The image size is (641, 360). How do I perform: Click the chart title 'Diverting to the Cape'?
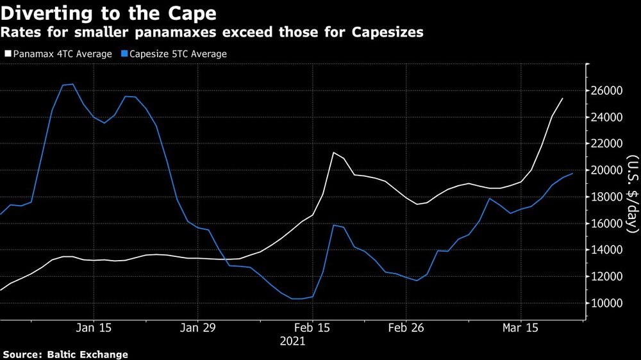108,13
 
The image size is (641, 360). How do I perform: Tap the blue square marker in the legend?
125,54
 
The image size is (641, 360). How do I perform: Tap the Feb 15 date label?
312,327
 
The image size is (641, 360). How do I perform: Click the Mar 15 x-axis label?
520,327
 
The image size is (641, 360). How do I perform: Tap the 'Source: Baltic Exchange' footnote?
65,354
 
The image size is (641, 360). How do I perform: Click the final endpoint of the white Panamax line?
562,99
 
